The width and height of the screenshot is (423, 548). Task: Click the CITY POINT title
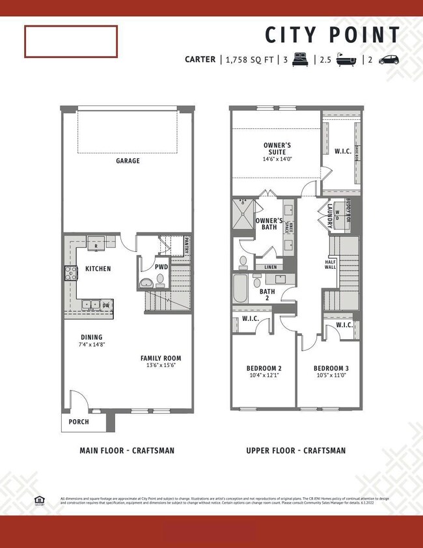click(x=332, y=35)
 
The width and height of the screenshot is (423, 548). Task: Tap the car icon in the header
click(x=389, y=59)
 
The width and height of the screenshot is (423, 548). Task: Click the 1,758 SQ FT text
click(x=250, y=59)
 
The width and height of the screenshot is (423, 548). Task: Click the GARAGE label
click(x=128, y=161)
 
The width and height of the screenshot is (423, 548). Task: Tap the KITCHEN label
click(x=98, y=268)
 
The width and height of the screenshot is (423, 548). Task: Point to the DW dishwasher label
click(x=105, y=305)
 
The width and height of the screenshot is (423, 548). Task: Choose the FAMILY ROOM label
click(x=161, y=358)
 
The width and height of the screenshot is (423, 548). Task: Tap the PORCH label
click(x=79, y=422)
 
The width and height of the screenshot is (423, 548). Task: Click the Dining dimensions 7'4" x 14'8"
click(x=92, y=344)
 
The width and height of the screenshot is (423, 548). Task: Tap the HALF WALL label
click(x=331, y=266)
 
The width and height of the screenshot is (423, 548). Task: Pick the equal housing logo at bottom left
click(x=39, y=500)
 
